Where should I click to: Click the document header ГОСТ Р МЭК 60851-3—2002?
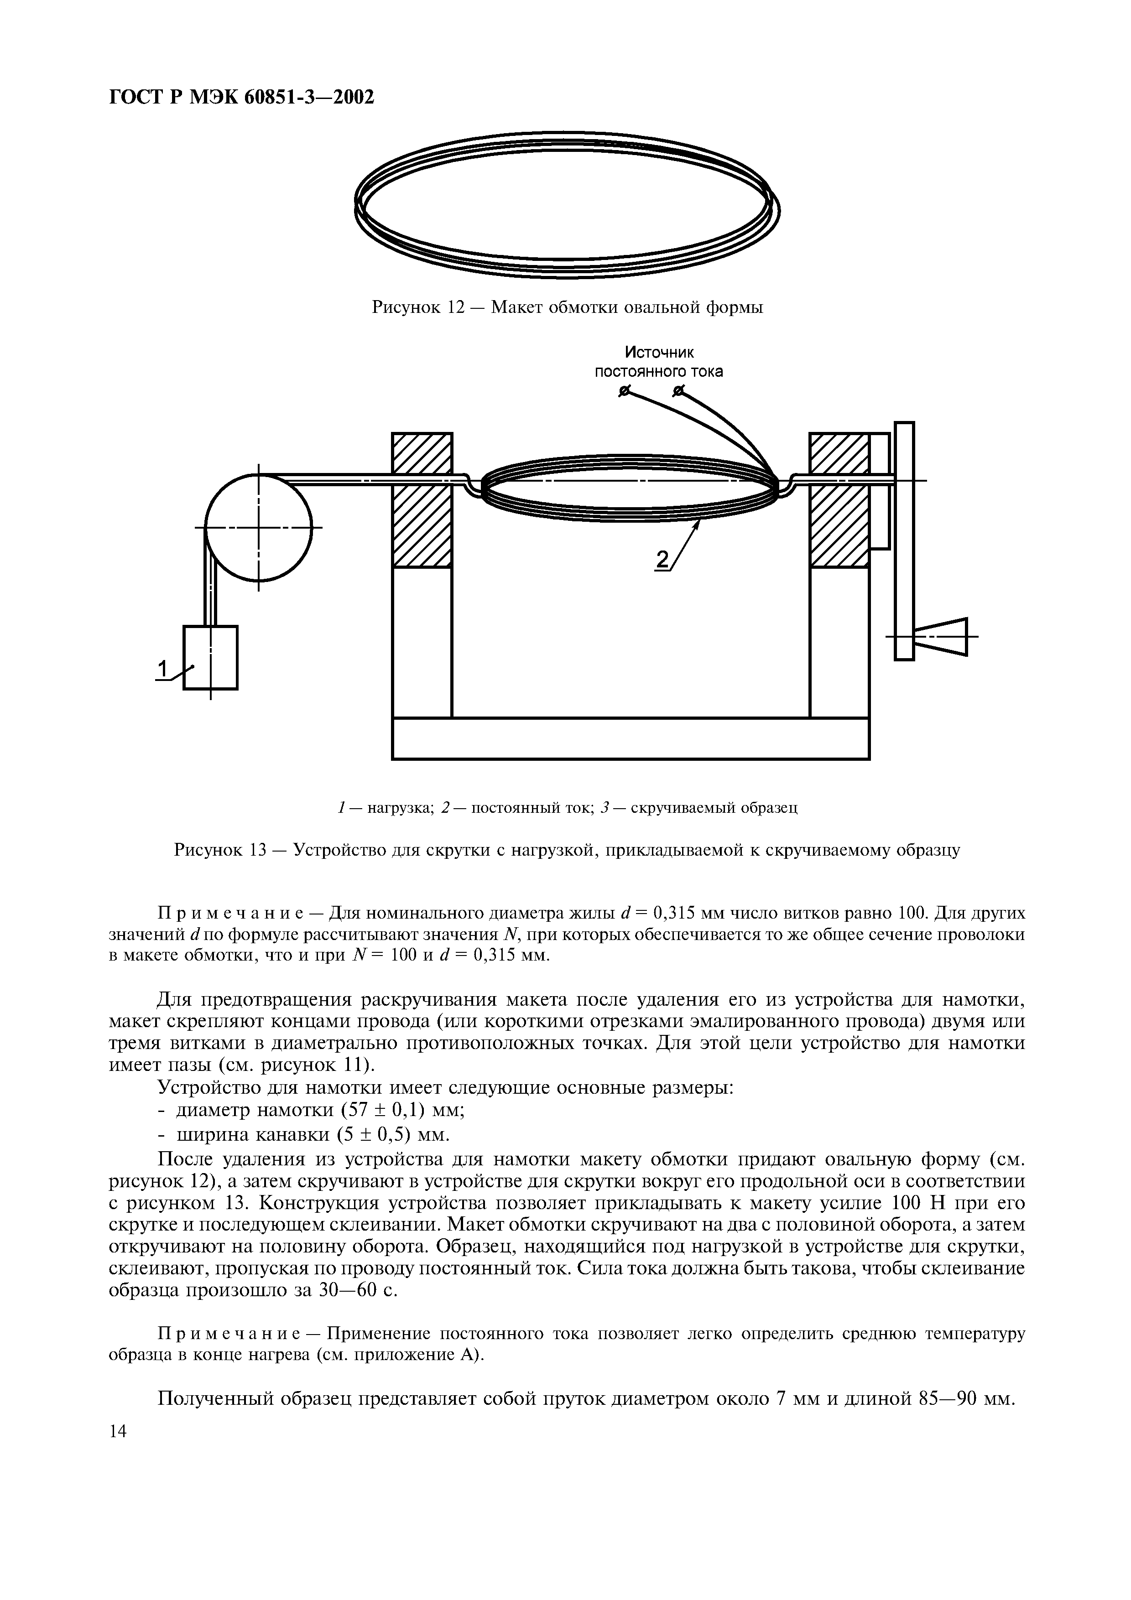click(242, 97)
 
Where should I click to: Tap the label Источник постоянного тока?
click(658, 362)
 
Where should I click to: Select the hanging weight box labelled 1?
click(210, 657)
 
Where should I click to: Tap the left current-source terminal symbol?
click(625, 393)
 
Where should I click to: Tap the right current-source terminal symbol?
click(678, 393)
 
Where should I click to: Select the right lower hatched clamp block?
click(839, 527)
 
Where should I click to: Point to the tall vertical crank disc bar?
click(904, 541)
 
